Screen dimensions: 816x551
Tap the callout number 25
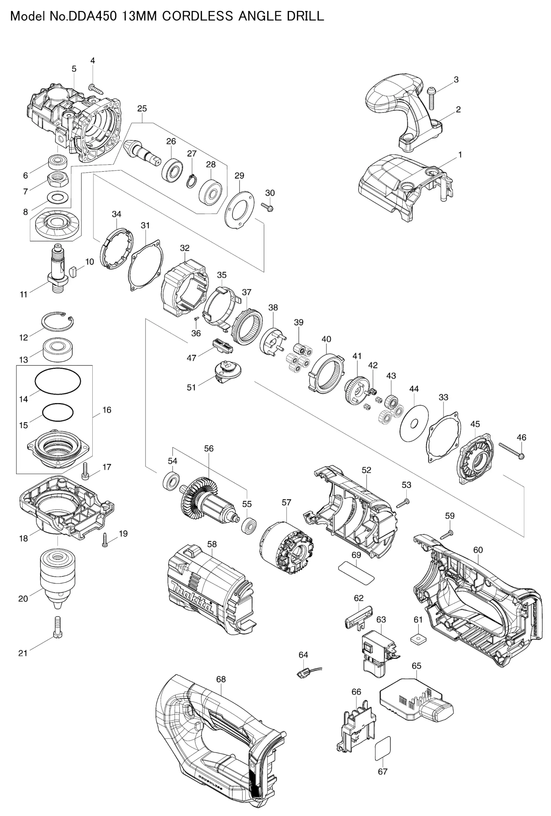(142, 109)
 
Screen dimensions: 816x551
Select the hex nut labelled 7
(58, 180)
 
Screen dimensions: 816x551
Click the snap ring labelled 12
(58, 321)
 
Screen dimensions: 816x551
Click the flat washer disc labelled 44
(414, 423)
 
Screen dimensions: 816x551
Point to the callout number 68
(221, 680)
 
